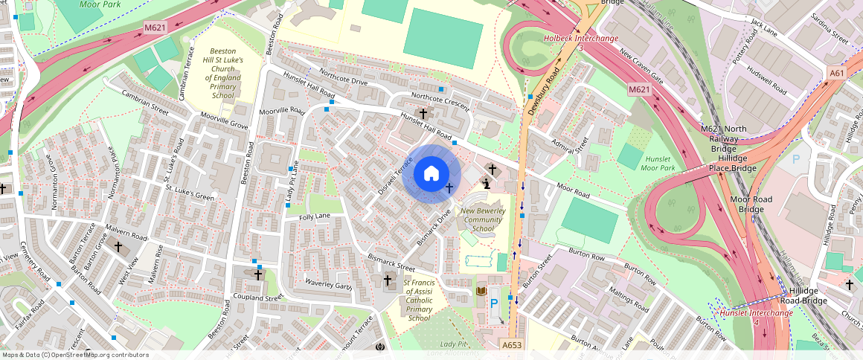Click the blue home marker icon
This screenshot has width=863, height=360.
point(431,175)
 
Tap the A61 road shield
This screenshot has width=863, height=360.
point(837,73)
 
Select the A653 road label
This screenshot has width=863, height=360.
point(511,345)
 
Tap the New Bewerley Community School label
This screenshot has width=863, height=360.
point(483,220)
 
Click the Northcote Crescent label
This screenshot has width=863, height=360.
point(440,102)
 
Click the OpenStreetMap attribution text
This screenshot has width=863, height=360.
point(75,355)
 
